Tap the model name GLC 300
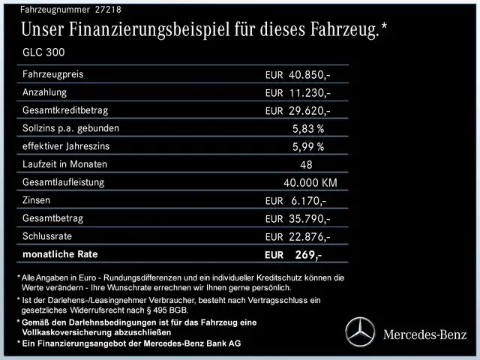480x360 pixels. pos(44,53)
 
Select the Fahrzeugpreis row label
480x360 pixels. pos(53,74)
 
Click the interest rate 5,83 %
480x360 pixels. pos(307,129)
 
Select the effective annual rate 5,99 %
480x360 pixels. pos(307,147)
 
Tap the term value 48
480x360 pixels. pos(306,165)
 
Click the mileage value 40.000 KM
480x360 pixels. pos(310,183)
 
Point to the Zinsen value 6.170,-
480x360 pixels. pos(307,201)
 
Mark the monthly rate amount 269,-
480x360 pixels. pos(307,255)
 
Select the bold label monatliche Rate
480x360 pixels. pos(60,254)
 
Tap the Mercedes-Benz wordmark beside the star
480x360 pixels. pos(424,334)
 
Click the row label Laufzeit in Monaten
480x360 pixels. pos(64,164)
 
